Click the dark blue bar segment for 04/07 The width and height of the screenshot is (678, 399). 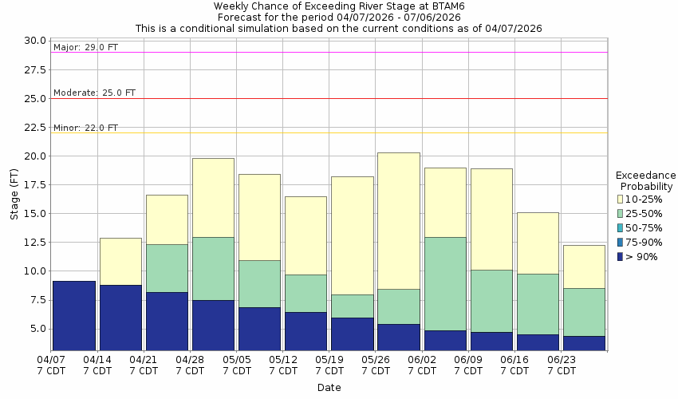(74, 315)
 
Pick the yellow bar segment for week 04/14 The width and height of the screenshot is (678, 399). (120, 261)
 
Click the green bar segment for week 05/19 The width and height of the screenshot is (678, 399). (352, 306)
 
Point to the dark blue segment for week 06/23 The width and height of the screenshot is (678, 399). (583, 343)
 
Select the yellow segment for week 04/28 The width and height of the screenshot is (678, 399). (213, 197)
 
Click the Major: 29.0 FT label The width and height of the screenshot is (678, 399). (85, 47)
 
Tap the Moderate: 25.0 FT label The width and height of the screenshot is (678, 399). (94, 93)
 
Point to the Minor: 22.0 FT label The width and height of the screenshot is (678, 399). (85, 128)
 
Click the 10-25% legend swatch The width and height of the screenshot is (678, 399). (620, 199)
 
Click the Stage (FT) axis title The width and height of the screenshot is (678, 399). (13, 195)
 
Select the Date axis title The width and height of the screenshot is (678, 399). (329, 388)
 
